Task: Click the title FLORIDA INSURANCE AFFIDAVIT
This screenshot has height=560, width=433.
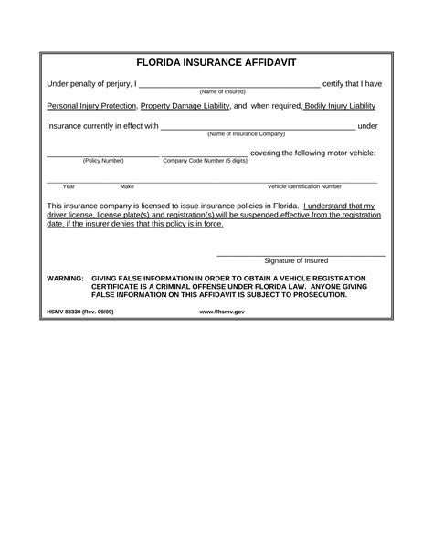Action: (216, 64)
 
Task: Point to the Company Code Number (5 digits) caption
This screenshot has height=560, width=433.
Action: (205, 161)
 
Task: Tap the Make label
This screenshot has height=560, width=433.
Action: (127, 186)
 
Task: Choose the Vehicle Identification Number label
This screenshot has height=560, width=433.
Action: (304, 186)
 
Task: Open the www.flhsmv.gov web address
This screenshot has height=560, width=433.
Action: (222, 312)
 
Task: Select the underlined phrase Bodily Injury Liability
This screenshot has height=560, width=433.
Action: (340, 106)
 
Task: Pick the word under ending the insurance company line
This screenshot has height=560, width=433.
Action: (367, 126)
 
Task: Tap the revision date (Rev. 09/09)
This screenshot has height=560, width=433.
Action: (103, 312)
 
